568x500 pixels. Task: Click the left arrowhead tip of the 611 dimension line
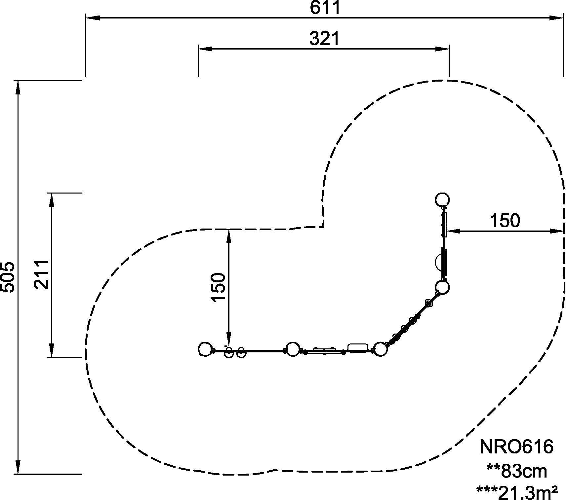click(86, 18)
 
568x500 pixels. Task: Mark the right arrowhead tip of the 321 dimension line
click(449, 49)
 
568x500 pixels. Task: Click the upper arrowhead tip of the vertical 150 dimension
click(228, 230)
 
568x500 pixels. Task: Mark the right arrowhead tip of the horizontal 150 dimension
click(563, 231)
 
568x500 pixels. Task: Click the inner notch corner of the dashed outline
click(323, 227)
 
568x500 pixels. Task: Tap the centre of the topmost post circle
click(442, 199)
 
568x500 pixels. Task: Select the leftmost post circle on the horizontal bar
click(205, 349)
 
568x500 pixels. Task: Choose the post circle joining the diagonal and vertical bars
click(442, 287)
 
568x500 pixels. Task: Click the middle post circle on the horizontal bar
click(292, 349)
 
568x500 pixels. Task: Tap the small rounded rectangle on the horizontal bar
click(358, 347)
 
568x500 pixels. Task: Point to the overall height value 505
click(8, 277)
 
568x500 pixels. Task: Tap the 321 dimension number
click(324, 39)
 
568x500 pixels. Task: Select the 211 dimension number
click(42, 275)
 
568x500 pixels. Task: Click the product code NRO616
click(516, 447)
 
